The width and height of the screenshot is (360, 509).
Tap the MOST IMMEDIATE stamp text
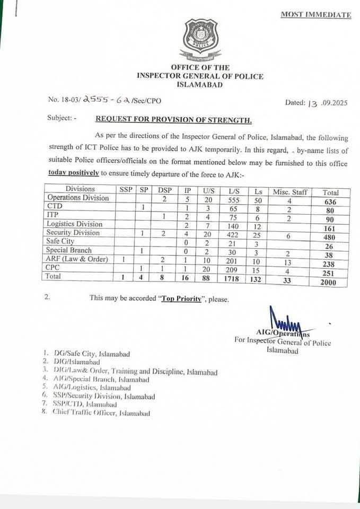(315, 15)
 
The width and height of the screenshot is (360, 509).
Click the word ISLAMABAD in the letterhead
(200, 85)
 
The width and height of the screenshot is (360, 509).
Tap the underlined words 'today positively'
(73, 172)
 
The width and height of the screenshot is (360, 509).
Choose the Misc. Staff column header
(289, 190)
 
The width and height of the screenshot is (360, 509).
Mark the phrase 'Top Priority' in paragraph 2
(180, 299)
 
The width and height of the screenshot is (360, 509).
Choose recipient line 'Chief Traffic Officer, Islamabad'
(101, 413)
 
